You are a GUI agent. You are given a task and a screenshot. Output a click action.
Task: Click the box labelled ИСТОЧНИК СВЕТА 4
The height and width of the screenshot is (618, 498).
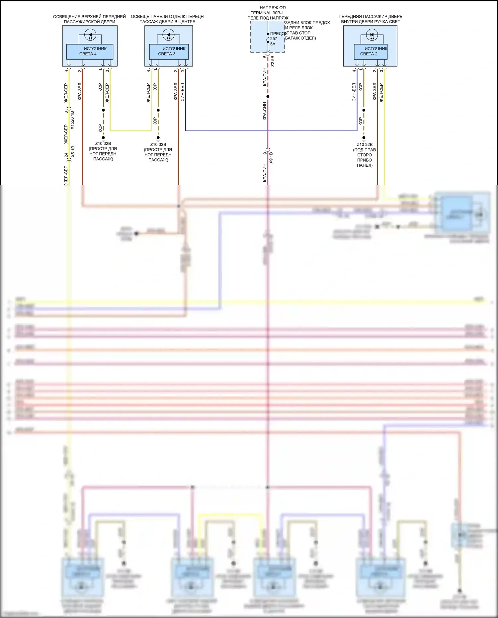coord(90,51)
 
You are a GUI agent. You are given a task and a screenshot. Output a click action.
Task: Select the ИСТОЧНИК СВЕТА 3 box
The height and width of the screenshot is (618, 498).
coord(169,51)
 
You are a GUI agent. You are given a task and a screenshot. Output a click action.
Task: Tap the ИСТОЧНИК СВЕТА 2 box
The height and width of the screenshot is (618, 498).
coord(371,51)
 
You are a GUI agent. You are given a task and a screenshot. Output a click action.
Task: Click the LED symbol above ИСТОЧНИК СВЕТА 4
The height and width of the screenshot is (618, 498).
coord(90,35)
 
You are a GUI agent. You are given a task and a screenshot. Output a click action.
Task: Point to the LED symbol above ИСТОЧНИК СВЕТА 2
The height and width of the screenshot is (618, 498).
coord(372,35)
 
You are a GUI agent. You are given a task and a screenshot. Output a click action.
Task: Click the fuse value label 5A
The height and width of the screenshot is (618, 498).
coord(273,44)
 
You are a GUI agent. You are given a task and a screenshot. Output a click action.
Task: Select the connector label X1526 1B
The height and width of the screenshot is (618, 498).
coord(72,120)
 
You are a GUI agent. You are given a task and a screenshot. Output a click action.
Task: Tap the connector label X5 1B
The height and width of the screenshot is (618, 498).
coord(73,151)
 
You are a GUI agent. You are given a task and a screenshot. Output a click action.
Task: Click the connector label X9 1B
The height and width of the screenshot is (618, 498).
coord(271,158)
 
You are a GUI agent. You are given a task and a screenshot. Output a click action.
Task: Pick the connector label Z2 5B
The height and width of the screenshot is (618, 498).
coord(273,61)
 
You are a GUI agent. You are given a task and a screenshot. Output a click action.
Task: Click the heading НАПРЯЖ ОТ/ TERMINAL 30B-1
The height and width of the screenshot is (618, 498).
coord(268,10)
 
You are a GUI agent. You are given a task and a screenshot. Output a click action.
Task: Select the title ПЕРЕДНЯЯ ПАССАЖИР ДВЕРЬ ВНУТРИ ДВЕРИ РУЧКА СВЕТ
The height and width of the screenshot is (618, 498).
coord(371,19)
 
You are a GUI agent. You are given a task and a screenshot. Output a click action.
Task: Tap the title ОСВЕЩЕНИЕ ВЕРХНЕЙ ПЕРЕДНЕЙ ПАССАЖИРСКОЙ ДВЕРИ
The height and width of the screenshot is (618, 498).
coord(89,19)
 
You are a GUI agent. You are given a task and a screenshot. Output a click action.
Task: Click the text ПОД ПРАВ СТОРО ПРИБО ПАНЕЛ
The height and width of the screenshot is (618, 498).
coord(365,157)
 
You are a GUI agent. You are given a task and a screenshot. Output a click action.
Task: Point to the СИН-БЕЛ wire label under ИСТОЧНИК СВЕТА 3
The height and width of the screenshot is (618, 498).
coord(183,92)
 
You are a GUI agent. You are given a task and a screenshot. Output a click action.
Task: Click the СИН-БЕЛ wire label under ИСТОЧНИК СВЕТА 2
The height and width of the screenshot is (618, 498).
coord(354,92)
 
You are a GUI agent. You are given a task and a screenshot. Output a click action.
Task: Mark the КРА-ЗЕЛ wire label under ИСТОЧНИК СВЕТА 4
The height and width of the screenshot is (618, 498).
coord(80,92)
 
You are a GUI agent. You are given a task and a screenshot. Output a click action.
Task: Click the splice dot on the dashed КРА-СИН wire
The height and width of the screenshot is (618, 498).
coord(268,96)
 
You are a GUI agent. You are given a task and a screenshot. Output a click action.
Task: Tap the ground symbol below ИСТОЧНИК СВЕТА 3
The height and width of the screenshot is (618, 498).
coord(158,138)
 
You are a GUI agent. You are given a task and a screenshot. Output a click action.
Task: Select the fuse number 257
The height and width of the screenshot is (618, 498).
coord(274,39)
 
